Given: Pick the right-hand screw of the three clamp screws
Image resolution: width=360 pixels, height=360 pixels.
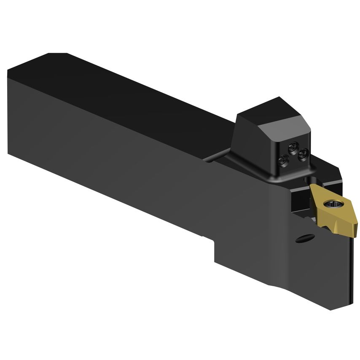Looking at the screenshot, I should tap(301, 155).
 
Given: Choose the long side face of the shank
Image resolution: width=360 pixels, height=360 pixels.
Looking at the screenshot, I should tap(126, 160).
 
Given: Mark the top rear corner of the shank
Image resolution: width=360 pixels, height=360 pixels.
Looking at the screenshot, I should tap(8, 72).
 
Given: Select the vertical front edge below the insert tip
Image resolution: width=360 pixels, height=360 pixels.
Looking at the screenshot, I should tap(351, 270).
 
